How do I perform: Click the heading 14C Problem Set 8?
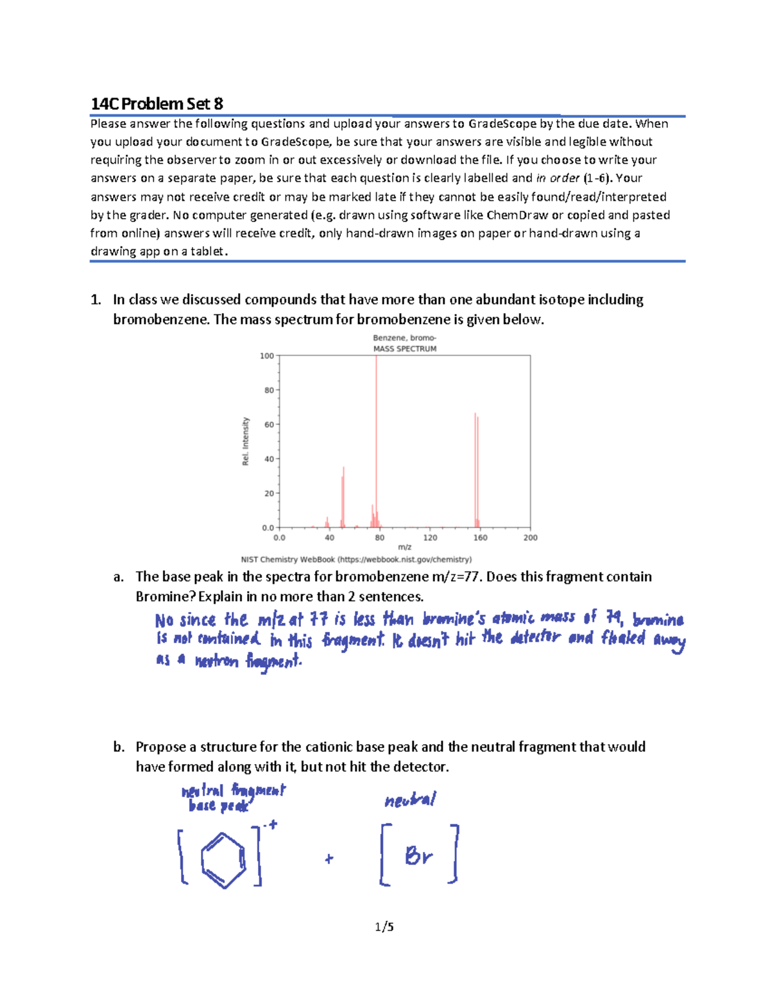coord(157,104)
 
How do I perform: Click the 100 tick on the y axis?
coord(267,355)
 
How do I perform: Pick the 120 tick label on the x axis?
coord(430,538)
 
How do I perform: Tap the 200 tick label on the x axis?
coord(530,538)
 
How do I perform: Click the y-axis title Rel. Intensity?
coord(245,441)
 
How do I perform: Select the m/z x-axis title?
coord(404,547)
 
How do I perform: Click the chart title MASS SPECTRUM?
coord(405,349)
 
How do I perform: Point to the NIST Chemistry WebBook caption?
coord(356,559)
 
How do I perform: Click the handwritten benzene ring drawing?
coord(223,860)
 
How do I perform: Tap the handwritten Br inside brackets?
coord(419,856)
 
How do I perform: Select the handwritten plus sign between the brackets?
coord(329,858)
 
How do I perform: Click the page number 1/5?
coord(384,926)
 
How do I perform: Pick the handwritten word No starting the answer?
coord(164,620)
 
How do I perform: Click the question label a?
coord(118,577)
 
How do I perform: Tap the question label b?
coord(118,747)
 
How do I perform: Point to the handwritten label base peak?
coord(218,806)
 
